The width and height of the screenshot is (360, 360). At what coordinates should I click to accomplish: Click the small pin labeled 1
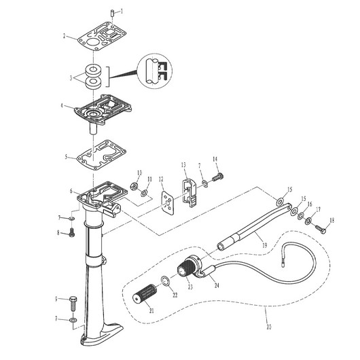point(111,12)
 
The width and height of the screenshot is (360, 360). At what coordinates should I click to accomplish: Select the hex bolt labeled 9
point(73,300)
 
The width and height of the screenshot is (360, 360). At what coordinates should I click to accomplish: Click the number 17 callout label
point(317,209)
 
